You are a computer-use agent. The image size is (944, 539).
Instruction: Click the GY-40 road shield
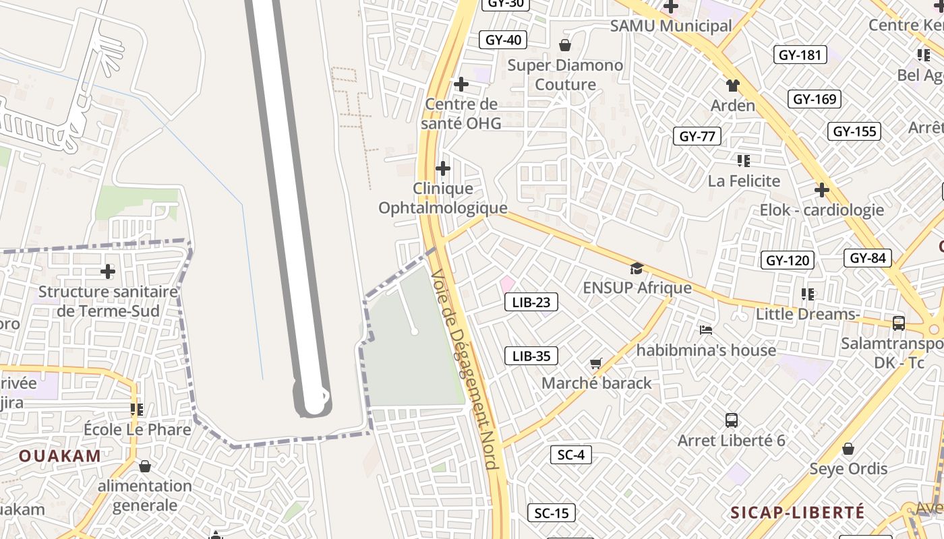pos(504,40)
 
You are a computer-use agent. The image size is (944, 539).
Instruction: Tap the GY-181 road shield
pos(800,55)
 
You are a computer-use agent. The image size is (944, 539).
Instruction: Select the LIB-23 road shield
pos(531,303)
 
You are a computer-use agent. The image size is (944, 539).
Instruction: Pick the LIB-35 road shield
pos(531,356)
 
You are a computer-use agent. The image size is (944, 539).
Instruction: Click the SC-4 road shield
pos(570,455)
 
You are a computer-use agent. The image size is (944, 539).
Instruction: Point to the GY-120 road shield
pos(788,260)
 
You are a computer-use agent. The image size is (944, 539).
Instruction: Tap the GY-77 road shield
pos(697,136)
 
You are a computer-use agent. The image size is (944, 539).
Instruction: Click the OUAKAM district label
pos(60,455)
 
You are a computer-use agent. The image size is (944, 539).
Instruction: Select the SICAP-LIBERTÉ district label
pos(798,513)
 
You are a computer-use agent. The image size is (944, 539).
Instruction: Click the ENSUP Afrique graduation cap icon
pos(637,269)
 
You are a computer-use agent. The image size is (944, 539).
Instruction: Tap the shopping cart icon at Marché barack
pos(596,364)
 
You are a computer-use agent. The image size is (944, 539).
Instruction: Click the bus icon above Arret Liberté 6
pos(732,420)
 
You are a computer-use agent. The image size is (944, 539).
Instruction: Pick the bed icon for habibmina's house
pos(706,330)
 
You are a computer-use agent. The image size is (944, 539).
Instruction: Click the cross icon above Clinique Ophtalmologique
pos(443,168)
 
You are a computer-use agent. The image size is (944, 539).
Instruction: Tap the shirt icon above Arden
pos(733,86)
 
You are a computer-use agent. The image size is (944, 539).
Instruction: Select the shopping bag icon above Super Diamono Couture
pos(565,45)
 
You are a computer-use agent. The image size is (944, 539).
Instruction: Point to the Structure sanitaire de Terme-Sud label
pos(108,301)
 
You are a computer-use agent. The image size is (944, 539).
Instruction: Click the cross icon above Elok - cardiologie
pos(821,190)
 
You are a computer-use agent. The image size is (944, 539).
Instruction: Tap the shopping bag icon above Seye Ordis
pos(848,449)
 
